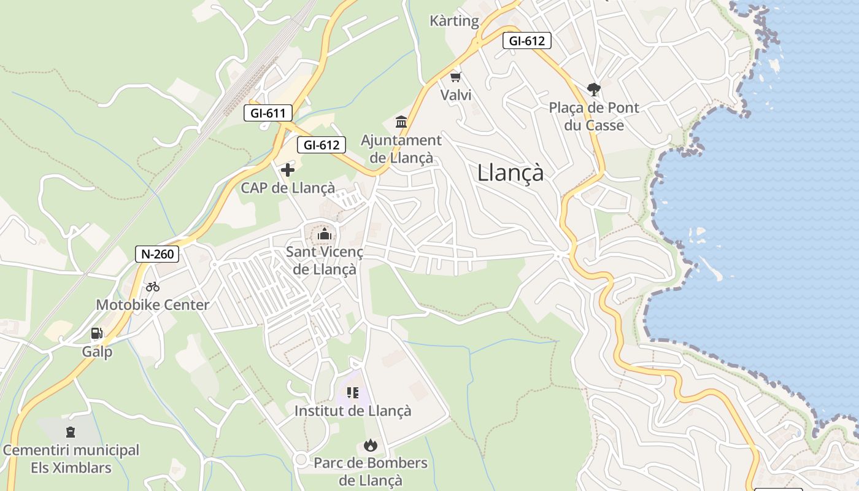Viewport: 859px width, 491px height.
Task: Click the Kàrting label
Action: [x=454, y=21]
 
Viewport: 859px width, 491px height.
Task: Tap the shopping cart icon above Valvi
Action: [x=455, y=77]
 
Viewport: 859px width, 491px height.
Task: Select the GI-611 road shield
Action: [x=268, y=113]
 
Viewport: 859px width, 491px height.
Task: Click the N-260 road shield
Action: [x=157, y=254]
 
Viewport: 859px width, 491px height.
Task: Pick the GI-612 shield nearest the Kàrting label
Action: [x=526, y=41]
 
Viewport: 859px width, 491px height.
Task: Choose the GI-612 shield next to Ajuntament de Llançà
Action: [x=322, y=145]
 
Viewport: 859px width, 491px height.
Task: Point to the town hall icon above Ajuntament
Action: [x=401, y=122]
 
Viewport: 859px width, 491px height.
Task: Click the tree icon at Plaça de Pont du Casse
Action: [x=593, y=90]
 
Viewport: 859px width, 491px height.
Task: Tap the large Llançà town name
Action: [x=510, y=173]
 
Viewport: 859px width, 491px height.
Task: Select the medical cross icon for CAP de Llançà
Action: [x=288, y=170]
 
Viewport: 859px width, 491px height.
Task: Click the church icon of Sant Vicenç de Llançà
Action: [x=324, y=234]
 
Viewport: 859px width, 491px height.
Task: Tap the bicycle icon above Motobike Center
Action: [x=153, y=287]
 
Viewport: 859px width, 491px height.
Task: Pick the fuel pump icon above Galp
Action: [x=97, y=333]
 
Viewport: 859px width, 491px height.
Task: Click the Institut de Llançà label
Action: [x=353, y=411]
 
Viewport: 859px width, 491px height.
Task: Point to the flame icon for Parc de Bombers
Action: [x=371, y=445]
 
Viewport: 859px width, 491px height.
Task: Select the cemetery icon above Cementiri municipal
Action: [x=71, y=432]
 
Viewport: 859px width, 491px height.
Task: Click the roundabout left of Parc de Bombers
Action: [x=301, y=459]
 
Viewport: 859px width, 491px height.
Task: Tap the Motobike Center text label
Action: [x=153, y=304]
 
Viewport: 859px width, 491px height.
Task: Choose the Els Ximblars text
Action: [x=71, y=468]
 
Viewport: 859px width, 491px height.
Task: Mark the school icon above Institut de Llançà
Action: [x=352, y=392]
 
